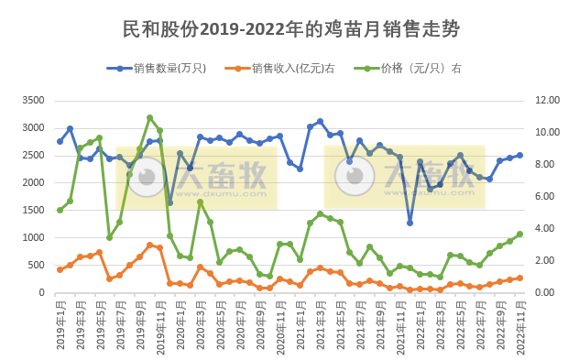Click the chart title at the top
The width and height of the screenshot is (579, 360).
click(290, 29)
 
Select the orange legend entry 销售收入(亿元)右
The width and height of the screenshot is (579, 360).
click(285, 68)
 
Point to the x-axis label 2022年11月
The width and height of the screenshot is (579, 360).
click(519, 326)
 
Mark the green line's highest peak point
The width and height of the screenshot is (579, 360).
click(149, 117)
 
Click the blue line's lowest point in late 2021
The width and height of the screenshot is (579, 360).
click(410, 223)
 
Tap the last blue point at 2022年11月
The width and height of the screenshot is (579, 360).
click(519, 155)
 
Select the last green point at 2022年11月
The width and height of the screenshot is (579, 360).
click(519, 234)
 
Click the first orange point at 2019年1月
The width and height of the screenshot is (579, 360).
click(60, 269)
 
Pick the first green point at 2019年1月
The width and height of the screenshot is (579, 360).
click(60, 210)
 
